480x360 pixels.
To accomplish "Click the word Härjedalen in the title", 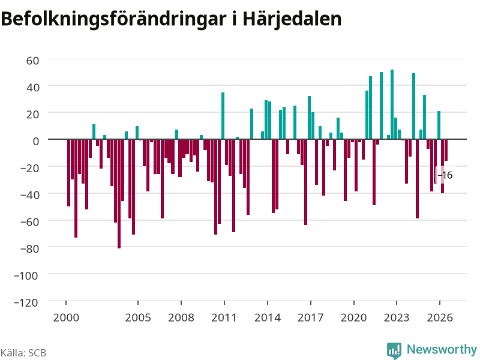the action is pos(292,19).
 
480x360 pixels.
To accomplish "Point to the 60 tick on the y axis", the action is pos(32,61).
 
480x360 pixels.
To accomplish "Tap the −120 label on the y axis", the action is pos(26,302).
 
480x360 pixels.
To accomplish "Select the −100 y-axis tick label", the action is pos(26,275).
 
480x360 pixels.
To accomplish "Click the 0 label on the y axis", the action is pos(36,141).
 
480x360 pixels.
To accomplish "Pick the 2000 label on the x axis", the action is pos(66,317).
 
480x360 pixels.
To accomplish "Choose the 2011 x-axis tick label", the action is pos(224,317).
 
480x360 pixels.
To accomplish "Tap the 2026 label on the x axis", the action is pos(440,317).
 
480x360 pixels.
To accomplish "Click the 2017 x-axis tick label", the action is pos(310,317).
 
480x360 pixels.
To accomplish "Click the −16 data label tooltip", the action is pos(445,175).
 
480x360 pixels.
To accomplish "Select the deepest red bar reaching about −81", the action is pos(119,194).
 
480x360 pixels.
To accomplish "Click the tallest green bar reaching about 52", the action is pos(392,104).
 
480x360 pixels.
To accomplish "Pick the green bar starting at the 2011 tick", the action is pos(223,116).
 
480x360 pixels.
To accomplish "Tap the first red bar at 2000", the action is pos(68,173).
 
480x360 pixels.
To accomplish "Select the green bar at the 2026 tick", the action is pos(439,125).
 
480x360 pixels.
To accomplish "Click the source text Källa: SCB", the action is pos(23,353).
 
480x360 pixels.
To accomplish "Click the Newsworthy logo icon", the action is pos(394,350).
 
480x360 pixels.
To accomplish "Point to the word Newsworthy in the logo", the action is pos(442,349).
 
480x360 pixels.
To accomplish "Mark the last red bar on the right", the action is pos(446,150).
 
